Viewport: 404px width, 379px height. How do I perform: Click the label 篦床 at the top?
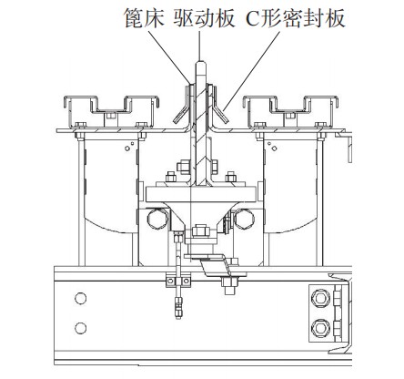pyautogui.click(x=144, y=18)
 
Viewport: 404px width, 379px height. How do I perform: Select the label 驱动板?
pyautogui.click(x=204, y=18)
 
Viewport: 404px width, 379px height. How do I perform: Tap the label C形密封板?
pyautogui.click(x=295, y=18)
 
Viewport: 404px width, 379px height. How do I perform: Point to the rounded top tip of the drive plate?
pyautogui.click(x=200, y=63)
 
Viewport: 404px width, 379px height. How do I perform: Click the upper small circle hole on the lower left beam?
pyautogui.click(x=80, y=298)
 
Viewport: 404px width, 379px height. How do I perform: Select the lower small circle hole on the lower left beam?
pyautogui.click(x=80, y=328)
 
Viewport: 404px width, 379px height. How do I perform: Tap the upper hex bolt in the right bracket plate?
pyautogui.click(x=319, y=298)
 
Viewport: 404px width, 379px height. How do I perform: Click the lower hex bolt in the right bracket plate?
pyautogui.click(x=319, y=328)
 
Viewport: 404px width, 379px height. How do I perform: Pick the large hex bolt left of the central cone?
pyautogui.click(x=157, y=219)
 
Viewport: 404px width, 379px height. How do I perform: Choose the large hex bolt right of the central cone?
pyautogui.click(x=244, y=219)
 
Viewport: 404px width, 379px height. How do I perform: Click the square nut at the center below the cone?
pyautogui.click(x=200, y=230)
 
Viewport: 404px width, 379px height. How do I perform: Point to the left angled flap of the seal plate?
pyautogui.click(x=180, y=115)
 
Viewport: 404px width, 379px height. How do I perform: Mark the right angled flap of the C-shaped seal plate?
pyautogui.click(x=220, y=115)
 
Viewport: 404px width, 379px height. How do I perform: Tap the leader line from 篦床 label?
pyautogui.click(x=170, y=56)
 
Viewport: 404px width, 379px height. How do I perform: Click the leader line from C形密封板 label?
pyautogui.click(x=251, y=70)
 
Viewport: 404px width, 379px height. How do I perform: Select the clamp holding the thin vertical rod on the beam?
pyautogui.click(x=178, y=282)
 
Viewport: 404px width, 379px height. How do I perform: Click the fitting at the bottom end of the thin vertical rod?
pyautogui.click(x=178, y=309)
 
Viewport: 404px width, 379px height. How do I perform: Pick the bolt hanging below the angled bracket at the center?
pyautogui.click(x=230, y=285)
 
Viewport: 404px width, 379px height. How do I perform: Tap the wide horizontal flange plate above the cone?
pyautogui.click(x=200, y=194)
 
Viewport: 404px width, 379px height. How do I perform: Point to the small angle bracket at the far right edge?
pyautogui.click(x=345, y=143)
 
